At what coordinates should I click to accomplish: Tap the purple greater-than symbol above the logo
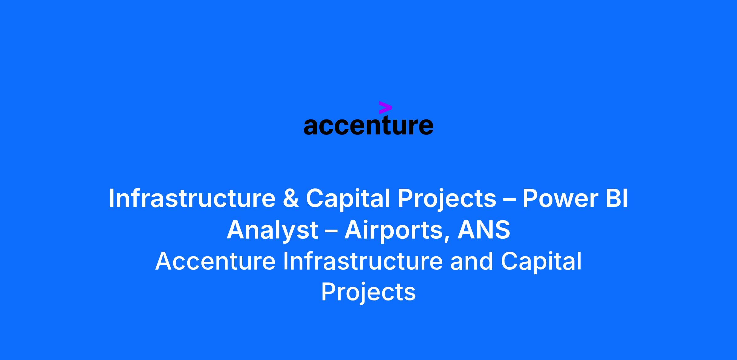point(385,107)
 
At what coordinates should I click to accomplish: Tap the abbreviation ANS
point(484,230)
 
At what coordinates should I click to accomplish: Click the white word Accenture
point(215,261)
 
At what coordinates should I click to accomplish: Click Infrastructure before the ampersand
point(192,199)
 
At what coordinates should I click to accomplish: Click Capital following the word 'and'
point(541,262)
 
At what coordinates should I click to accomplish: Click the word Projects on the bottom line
point(368,293)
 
